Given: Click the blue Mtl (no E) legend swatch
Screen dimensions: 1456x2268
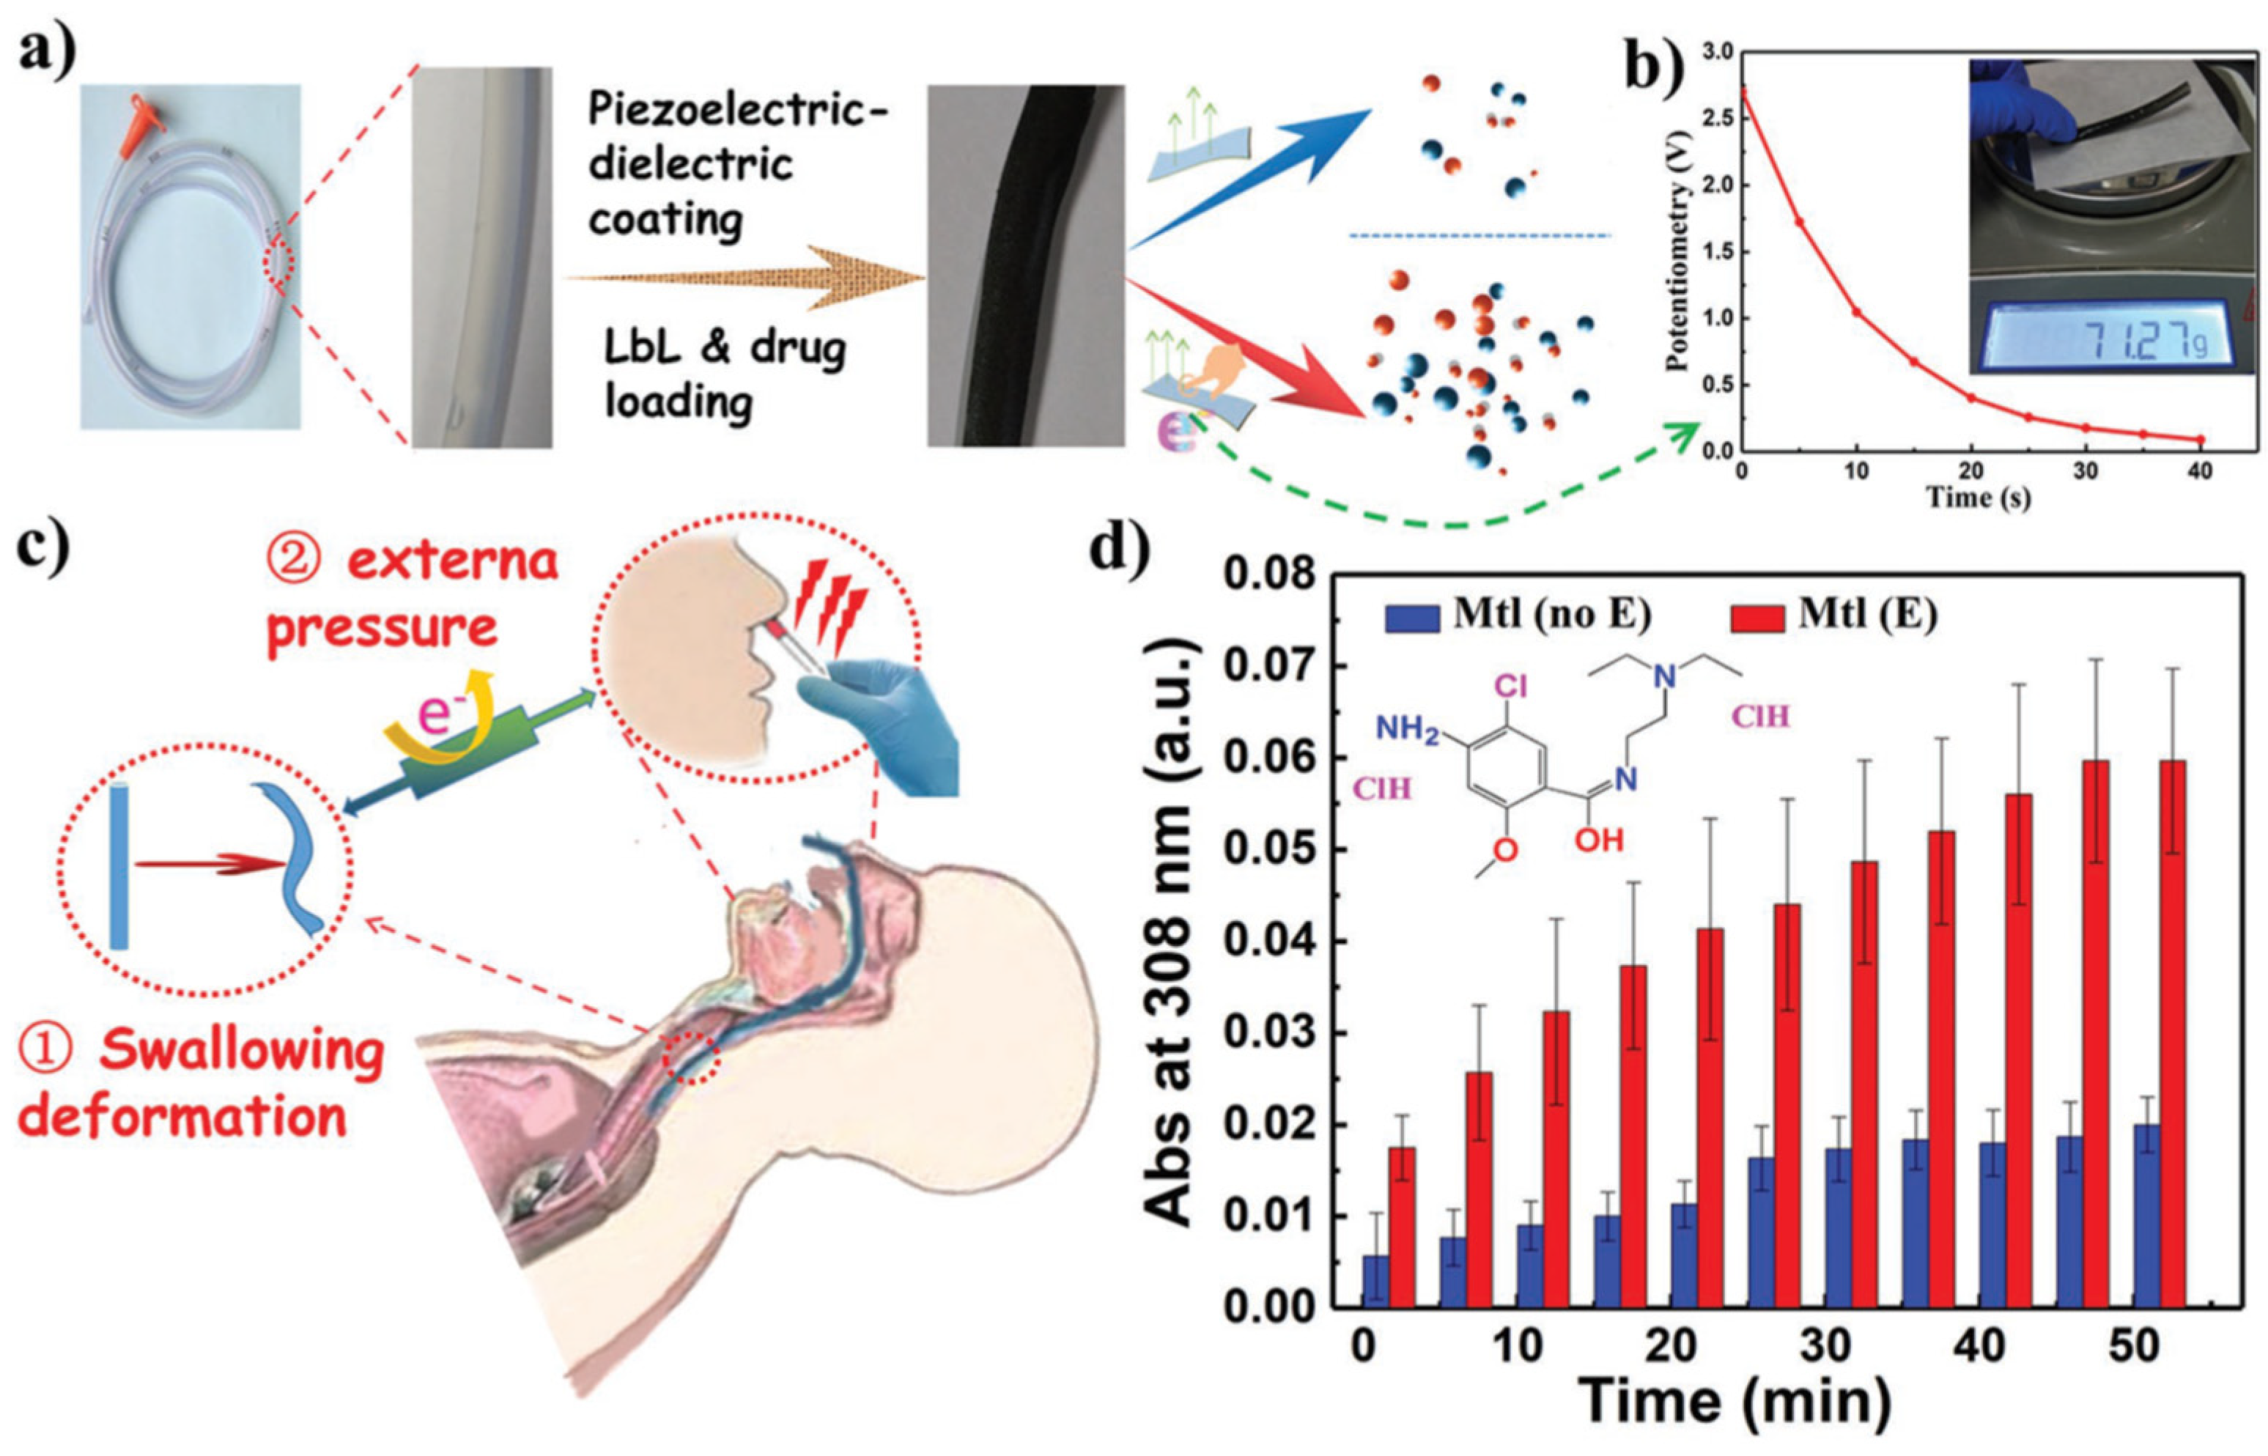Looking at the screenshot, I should [x=1411, y=616].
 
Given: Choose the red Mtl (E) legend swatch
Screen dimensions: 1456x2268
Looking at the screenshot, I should [x=1759, y=616].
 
